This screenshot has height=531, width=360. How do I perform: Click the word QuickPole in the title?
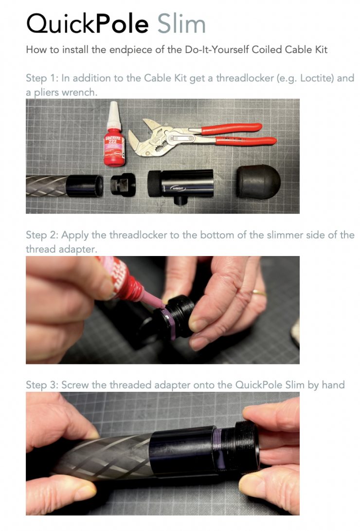pos(87,24)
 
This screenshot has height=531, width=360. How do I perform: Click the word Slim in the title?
pos(181,24)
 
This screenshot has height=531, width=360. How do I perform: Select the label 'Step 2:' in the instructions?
pos(42,235)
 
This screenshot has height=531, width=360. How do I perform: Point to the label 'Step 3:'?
pos(42,385)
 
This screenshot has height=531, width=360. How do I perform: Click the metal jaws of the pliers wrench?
pos(152,139)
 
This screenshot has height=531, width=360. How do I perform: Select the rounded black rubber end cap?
pos(258,182)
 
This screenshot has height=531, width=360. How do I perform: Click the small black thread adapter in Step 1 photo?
pos(123,185)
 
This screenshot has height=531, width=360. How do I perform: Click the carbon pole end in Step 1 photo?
pos(65,186)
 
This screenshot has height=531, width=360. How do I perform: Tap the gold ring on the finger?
pos(259,292)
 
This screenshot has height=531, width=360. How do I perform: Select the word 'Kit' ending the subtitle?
pos(322,50)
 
